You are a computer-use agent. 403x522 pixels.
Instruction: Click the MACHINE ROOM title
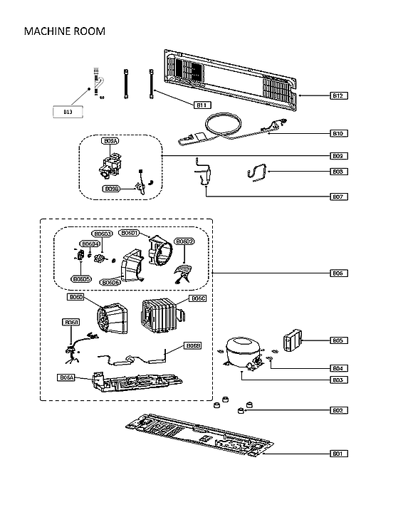point(65,31)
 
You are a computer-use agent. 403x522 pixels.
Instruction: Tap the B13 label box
point(68,112)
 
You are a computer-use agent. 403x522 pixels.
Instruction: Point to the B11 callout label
point(201,105)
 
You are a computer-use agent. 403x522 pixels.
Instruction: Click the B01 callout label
point(339,453)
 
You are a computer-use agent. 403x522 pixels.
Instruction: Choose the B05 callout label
point(339,340)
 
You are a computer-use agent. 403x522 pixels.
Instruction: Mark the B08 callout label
point(339,171)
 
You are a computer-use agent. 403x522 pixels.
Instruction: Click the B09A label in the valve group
point(110,142)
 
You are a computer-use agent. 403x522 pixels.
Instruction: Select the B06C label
point(198,298)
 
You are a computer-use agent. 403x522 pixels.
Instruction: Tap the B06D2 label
point(184,241)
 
